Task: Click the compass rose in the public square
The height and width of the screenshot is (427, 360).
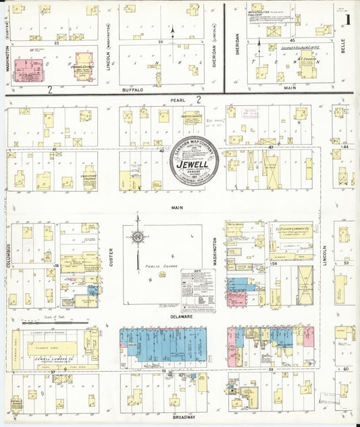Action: pos(138,236)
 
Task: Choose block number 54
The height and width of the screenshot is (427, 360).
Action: pos(274,262)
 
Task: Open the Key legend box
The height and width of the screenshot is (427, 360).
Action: pos(198,288)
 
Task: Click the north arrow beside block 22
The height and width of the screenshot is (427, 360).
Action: pos(174,31)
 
